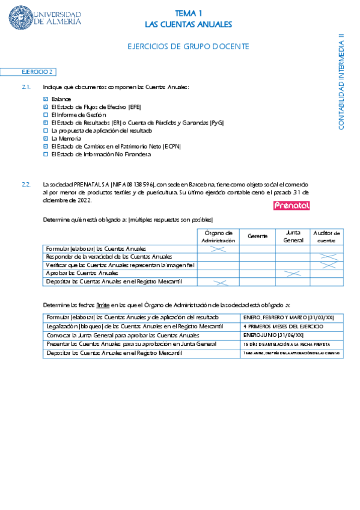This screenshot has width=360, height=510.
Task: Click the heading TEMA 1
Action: [x=188, y=13]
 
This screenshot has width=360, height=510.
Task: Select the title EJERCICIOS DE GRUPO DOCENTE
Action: [x=188, y=46]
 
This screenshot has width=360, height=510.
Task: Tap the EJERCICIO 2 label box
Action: [x=38, y=72]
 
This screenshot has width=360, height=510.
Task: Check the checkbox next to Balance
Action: [x=46, y=99]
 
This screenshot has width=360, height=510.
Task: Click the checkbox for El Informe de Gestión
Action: [x=46, y=114]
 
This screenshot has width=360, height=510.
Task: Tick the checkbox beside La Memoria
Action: [x=46, y=138]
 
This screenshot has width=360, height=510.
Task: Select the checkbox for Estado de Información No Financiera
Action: [x=46, y=154]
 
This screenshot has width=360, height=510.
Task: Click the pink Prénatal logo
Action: [x=291, y=206]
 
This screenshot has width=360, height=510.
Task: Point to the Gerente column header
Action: [x=257, y=236]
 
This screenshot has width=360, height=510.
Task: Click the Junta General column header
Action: [x=293, y=236]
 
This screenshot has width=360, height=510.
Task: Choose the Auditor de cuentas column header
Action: [x=326, y=236]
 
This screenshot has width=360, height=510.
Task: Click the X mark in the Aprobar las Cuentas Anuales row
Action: [x=292, y=274]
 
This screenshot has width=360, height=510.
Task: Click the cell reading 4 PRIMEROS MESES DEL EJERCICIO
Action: [x=283, y=327]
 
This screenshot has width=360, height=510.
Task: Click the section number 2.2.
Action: [x=26, y=185]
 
